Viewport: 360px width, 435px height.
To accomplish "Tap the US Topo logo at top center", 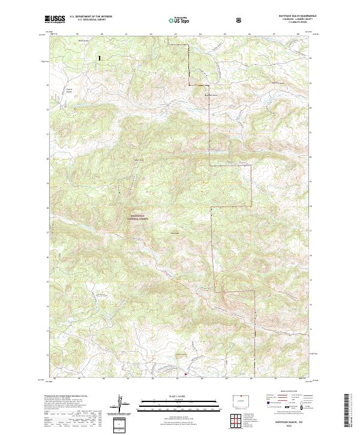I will (179, 20).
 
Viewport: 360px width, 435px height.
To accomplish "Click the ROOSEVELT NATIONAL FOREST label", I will (139, 218).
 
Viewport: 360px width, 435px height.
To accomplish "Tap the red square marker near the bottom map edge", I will (185, 374).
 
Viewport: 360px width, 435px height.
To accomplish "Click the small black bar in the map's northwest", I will (100, 58).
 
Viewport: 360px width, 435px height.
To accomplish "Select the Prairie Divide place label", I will (68, 91).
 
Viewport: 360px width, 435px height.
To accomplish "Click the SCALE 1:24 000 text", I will (179, 396).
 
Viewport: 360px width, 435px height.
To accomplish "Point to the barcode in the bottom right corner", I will (349, 413).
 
